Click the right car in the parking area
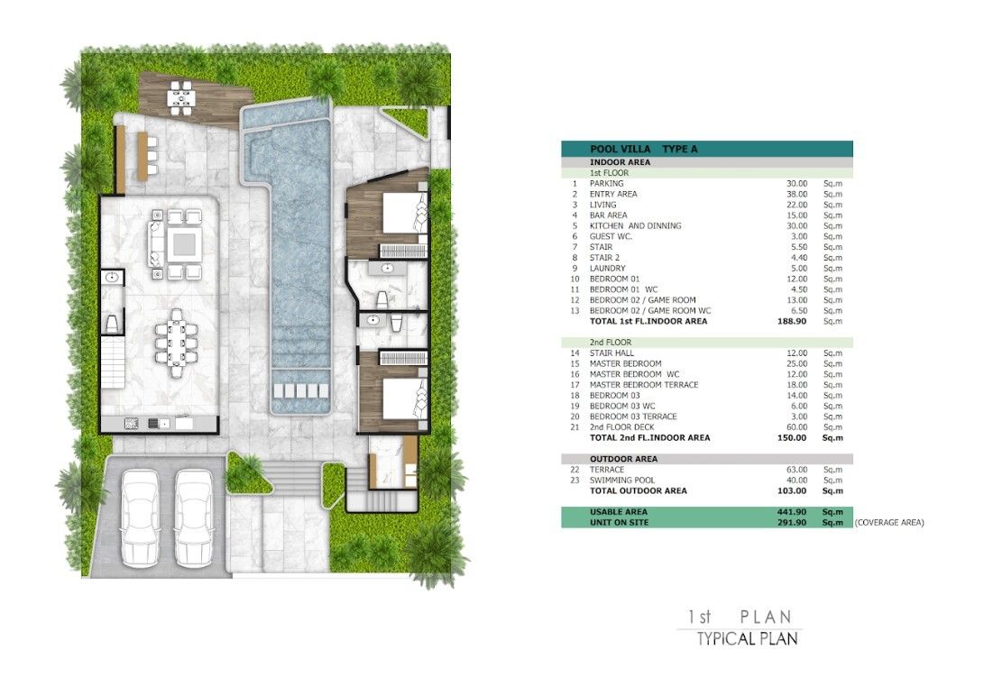coord(193,517)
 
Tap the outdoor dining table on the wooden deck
coord(180,98)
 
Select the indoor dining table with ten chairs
coord(177,343)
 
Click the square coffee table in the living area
coord(182,244)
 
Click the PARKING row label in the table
coord(606,184)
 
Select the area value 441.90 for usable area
coord(791,512)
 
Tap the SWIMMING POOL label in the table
coord(622,481)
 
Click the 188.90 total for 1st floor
coord(792,321)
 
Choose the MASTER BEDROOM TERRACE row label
coord(644,385)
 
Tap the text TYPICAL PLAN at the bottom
coord(747,639)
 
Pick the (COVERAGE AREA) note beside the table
coord(889,522)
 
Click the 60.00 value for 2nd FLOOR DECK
coord(797,427)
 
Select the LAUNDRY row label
coord(608,269)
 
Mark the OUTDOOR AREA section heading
coord(623,459)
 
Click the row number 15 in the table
coord(575,363)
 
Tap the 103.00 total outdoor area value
coord(792,491)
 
